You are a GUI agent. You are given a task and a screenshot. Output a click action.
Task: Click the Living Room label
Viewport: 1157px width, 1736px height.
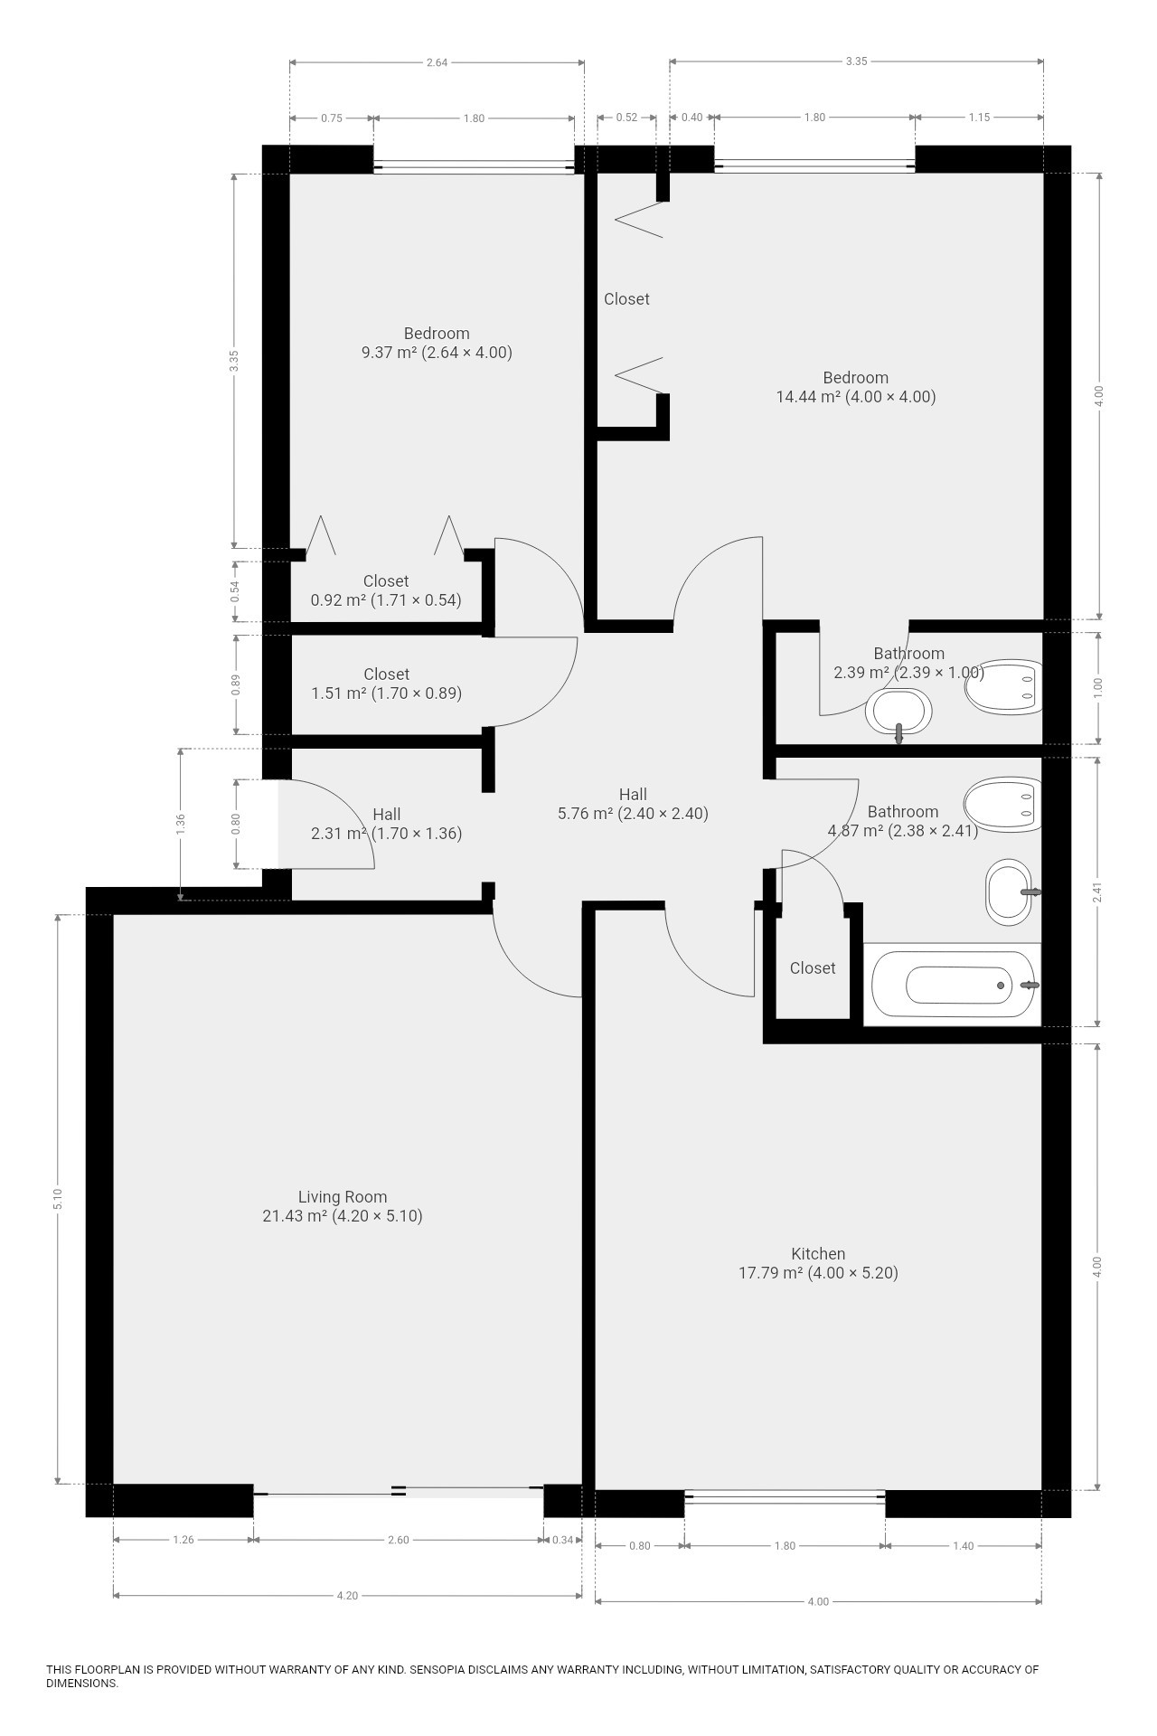coord(343,1197)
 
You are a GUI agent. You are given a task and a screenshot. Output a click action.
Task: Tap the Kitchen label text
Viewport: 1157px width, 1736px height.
coord(818,1254)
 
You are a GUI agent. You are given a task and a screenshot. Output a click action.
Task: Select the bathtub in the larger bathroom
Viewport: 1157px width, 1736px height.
coord(953,985)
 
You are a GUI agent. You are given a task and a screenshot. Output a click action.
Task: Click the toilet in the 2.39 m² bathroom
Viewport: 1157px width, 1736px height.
coord(1003,687)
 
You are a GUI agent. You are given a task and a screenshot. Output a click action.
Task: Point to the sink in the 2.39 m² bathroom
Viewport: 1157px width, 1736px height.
coord(898,712)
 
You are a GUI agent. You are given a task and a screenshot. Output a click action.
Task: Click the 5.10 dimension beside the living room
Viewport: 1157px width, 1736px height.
coord(59,1199)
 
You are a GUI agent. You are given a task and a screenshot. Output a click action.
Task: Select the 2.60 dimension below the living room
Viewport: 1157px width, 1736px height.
coord(398,1540)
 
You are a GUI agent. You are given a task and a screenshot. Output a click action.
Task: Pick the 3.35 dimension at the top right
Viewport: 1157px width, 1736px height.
coord(856,61)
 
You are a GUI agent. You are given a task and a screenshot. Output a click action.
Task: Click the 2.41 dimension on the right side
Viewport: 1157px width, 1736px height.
coord(1097,892)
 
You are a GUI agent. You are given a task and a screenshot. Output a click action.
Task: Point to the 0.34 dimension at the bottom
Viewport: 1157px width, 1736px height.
coord(562,1540)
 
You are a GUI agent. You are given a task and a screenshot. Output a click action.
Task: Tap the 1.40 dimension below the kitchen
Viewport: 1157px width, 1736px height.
coord(964,1546)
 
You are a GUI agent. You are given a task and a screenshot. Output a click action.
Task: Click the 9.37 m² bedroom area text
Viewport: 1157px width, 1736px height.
coord(437,353)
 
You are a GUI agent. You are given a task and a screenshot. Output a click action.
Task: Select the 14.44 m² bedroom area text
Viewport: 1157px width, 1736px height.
coord(856,397)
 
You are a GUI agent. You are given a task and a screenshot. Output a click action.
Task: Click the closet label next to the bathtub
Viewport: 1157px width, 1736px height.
coord(813,968)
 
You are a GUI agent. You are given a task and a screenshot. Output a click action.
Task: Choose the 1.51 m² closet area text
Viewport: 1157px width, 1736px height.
coord(387,693)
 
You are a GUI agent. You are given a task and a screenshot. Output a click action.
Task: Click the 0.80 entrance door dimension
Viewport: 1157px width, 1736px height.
coord(236,824)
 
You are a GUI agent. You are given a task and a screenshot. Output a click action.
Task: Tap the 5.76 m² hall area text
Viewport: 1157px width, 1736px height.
coord(633,813)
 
